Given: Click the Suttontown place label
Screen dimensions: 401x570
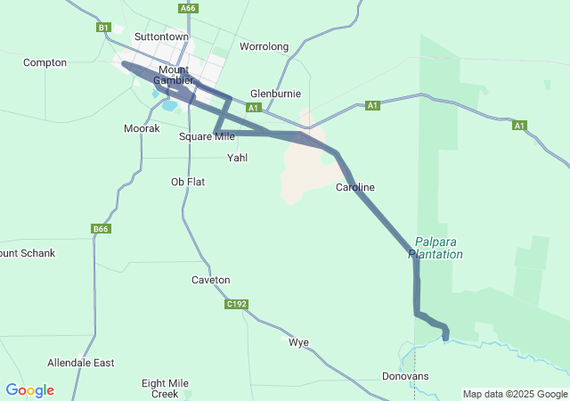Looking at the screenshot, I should pyautogui.click(x=161, y=37).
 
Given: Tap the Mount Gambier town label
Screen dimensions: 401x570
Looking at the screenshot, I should pyautogui.click(x=173, y=75).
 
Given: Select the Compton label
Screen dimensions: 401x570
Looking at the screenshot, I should pyautogui.click(x=45, y=62).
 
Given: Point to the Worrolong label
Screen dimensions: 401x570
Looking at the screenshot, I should pyautogui.click(x=265, y=45).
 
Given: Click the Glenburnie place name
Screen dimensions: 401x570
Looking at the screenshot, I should pyautogui.click(x=275, y=94).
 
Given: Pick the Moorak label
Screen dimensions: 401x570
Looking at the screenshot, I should pyautogui.click(x=142, y=128).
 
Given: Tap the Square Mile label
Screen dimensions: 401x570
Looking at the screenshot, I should pyautogui.click(x=207, y=136).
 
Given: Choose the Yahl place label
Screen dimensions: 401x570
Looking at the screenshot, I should pyautogui.click(x=238, y=158).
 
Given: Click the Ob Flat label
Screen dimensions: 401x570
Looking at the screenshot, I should pyautogui.click(x=188, y=182).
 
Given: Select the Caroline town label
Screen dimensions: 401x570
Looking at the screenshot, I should pyautogui.click(x=355, y=187).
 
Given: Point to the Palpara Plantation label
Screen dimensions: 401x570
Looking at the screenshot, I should pyautogui.click(x=436, y=248).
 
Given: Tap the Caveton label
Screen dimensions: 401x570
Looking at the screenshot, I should pyautogui.click(x=211, y=280).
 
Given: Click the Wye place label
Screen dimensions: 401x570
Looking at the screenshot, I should pyautogui.click(x=298, y=341).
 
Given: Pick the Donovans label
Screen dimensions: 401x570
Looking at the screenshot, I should pyautogui.click(x=405, y=376).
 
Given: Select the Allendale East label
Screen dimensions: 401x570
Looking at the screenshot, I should pyautogui.click(x=81, y=363).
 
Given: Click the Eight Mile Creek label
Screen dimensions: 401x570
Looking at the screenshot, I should pyautogui.click(x=166, y=388).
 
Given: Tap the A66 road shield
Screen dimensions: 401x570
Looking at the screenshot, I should pyautogui.click(x=187, y=8).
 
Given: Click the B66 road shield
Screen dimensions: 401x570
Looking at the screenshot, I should pyautogui.click(x=101, y=229).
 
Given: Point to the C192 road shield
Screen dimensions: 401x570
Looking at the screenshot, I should pyautogui.click(x=236, y=304).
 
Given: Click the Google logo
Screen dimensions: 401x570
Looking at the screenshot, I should pyautogui.click(x=29, y=390).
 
